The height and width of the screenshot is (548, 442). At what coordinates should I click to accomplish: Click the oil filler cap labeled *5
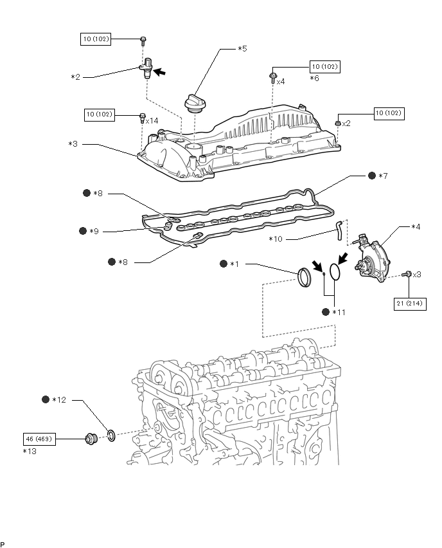click(195, 104)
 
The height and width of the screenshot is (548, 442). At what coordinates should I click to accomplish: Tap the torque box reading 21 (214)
click(410, 304)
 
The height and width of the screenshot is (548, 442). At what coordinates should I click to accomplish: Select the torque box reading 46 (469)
click(39, 439)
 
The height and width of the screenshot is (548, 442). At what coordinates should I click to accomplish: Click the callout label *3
click(73, 144)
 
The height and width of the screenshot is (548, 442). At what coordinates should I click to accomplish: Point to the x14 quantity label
click(152, 121)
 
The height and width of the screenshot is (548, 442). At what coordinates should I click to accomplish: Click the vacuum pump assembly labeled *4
click(371, 258)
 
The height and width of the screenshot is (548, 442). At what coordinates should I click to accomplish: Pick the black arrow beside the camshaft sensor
click(159, 72)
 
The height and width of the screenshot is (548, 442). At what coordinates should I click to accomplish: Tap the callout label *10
click(276, 239)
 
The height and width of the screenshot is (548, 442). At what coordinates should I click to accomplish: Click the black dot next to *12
click(46, 399)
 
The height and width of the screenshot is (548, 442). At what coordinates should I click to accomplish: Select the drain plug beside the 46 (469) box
click(91, 439)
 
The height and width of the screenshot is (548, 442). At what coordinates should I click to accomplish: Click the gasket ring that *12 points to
click(111, 436)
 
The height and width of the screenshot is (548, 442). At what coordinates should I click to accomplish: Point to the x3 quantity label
click(417, 275)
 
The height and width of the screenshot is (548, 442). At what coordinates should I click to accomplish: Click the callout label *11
click(339, 312)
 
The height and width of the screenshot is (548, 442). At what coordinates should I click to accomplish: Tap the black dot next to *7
click(372, 176)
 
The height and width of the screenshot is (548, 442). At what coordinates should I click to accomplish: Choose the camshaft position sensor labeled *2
click(146, 68)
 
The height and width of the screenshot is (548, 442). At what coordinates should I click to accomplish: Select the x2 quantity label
click(346, 123)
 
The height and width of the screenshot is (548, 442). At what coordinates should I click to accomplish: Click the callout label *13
click(30, 451)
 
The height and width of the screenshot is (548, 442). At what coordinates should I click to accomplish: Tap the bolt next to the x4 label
click(271, 77)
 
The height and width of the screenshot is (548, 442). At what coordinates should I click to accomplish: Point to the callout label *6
click(315, 78)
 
